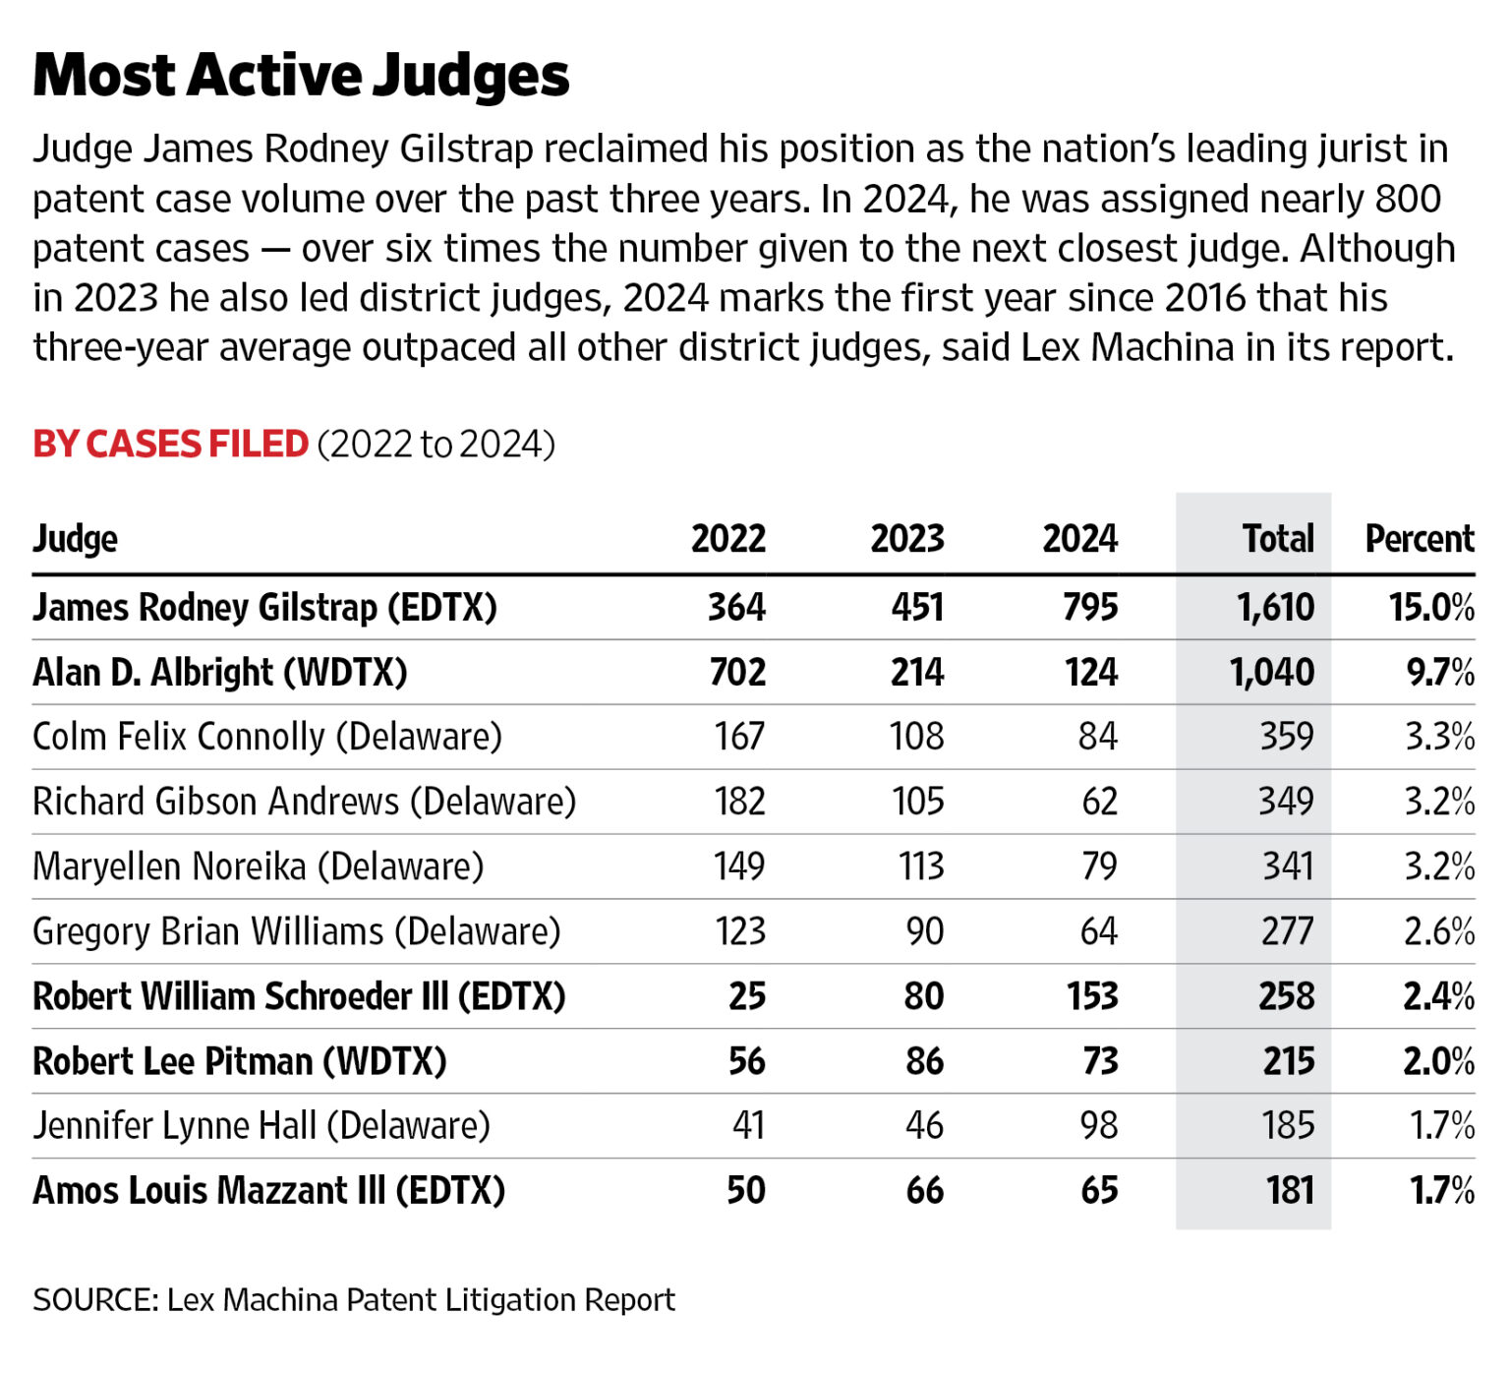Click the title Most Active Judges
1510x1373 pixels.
pyautogui.click(x=300, y=75)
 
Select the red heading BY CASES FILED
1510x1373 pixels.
pyautogui.click(x=170, y=445)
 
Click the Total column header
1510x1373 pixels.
pyautogui.click(x=1277, y=539)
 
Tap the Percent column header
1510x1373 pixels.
pyautogui.click(x=1419, y=539)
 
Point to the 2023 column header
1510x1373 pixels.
pyautogui.click(x=906, y=539)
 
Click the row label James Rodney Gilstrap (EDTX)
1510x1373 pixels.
pyautogui.click(x=264, y=608)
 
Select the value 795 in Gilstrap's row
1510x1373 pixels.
pyautogui.click(x=1089, y=608)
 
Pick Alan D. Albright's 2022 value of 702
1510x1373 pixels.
pyautogui.click(x=737, y=673)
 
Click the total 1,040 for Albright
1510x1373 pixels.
pyautogui.click(x=1271, y=673)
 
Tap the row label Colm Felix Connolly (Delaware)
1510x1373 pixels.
pyautogui.click(x=267, y=737)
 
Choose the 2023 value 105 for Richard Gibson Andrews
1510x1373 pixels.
pyautogui.click(x=917, y=802)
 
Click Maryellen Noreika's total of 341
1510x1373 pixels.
pyautogui.click(x=1288, y=866)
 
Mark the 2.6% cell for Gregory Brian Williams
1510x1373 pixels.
pyautogui.click(x=1438, y=931)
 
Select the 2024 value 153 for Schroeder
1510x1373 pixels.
pyautogui.click(x=1092, y=996)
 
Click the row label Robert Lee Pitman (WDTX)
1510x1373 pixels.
pyautogui.click(x=240, y=1061)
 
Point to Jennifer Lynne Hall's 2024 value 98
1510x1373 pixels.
pyautogui.click(x=1098, y=1125)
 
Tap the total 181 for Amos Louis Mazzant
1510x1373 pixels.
pyautogui.click(x=1290, y=1190)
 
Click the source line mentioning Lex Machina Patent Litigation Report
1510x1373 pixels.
pyautogui.click(x=354, y=1300)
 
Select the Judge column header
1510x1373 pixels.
pyautogui.click(x=75, y=539)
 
